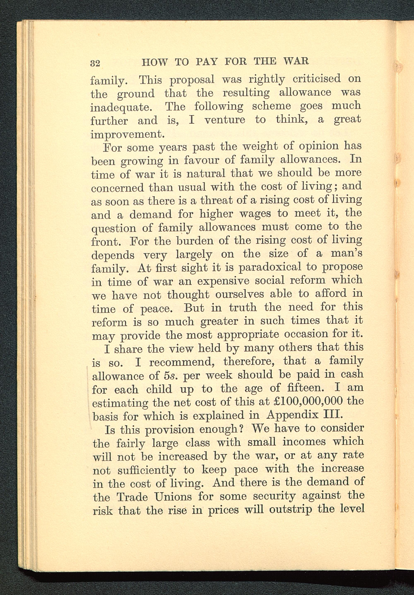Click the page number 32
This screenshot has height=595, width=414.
click(95, 63)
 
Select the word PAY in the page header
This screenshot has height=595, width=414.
click(206, 62)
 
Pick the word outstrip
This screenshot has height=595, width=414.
click(291, 510)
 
